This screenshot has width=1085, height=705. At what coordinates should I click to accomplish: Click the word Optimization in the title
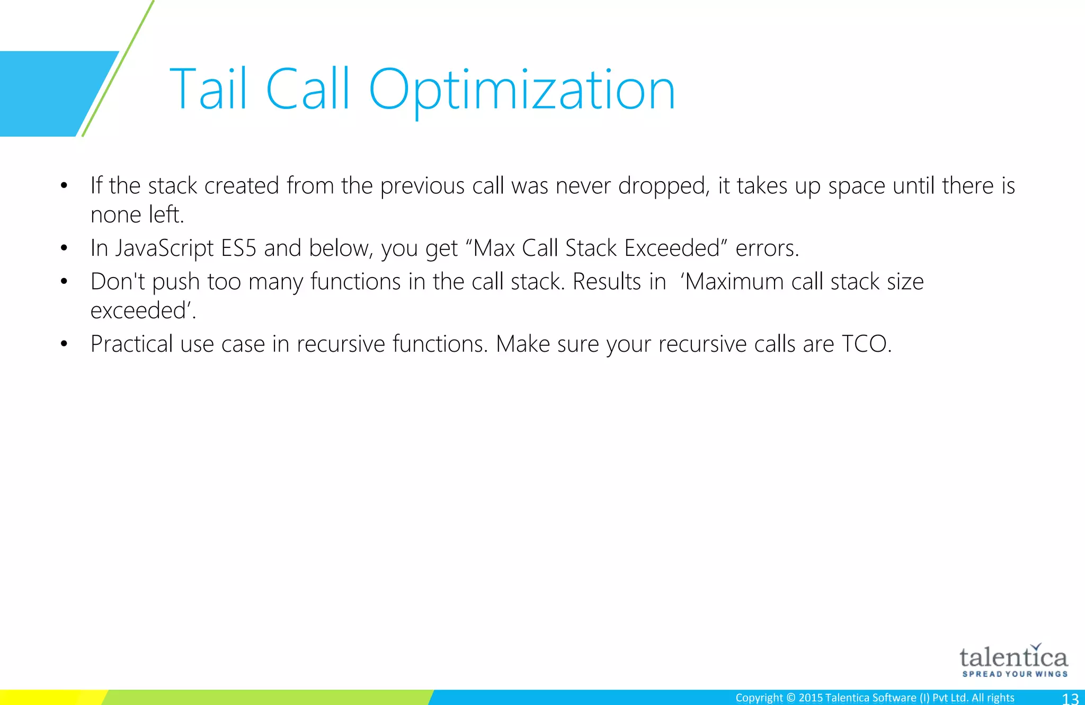coord(522,90)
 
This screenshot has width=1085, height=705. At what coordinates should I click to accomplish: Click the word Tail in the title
coord(208,90)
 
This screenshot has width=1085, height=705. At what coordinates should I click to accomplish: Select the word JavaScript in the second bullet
coord(165,248)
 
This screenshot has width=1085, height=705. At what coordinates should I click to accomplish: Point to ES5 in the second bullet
coord(238,248)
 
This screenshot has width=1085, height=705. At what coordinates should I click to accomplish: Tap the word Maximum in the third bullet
coord(735,282)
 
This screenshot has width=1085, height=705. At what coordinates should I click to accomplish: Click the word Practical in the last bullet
coord(131,344)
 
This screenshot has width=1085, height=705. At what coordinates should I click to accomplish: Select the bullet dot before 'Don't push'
coord(64,282)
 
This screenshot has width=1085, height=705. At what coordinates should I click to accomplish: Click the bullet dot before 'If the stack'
coord(64,186)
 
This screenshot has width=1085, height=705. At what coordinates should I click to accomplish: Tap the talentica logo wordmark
coord(1013,658)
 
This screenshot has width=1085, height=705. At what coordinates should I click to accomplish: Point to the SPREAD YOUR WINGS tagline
coord(1015,674)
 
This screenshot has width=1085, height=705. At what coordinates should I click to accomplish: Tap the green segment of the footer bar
coord(265,698)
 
